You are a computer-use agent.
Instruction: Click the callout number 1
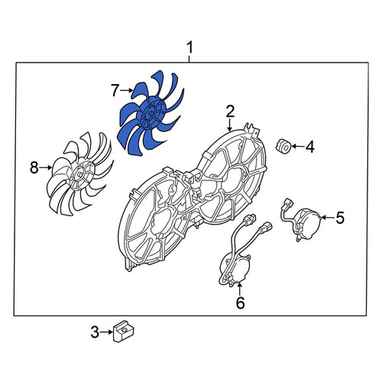190,48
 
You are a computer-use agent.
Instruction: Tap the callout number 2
230,112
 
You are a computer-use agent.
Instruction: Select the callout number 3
95,332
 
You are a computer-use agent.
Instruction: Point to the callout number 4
310,147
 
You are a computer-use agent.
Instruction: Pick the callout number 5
340,218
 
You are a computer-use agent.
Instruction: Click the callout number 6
240,303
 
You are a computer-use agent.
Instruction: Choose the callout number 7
115,90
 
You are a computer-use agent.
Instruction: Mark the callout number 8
34,168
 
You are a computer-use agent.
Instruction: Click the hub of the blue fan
151,113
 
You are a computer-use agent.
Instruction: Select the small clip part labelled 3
124,331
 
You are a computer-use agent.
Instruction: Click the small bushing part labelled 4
283,146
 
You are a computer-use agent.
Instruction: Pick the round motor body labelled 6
235,270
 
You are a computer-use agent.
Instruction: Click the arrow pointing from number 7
127,90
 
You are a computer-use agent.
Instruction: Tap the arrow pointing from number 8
46,167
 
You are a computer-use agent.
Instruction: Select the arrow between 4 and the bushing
297,147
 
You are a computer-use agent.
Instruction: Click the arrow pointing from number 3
106,332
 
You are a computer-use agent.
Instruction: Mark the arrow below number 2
230,125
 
